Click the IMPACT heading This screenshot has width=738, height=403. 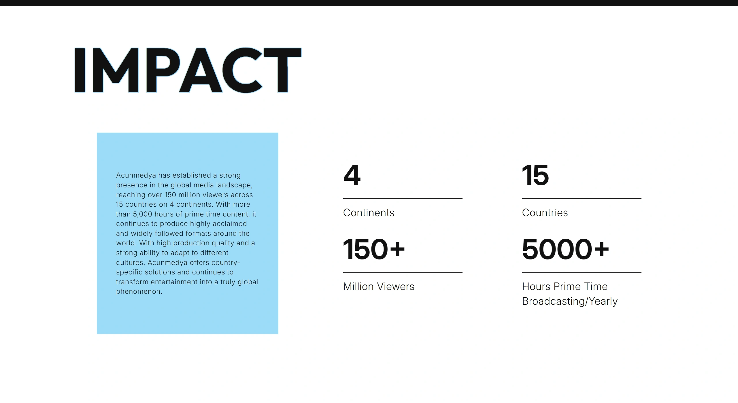(188, 70)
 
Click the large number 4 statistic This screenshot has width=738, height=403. (352, 175)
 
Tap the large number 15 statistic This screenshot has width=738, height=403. (535, 175)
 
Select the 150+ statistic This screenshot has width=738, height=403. (374, 249)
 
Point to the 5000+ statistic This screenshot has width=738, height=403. (566, 249)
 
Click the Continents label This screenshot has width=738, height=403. (369, 213)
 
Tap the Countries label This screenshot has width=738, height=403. (545, 213)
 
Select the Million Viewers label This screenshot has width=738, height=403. (379, 287)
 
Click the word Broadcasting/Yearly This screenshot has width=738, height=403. (570, 301)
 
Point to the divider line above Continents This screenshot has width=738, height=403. (403, 198)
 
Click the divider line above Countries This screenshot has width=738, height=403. (582, 198)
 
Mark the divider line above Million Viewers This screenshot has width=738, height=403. (403, 272)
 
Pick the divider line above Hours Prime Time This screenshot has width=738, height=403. (582, 272)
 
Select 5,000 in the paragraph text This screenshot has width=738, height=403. (142, 214)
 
